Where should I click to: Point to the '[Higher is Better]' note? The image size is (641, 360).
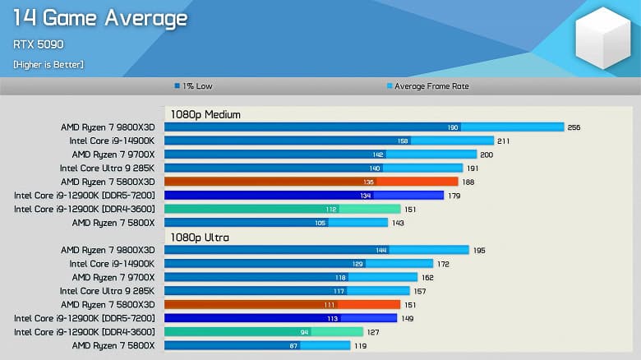48,64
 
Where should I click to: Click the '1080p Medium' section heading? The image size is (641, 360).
205,114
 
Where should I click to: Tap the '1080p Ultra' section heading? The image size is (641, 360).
200,237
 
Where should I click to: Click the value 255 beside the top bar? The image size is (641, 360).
574,127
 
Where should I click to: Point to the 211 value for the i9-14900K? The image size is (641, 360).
503,141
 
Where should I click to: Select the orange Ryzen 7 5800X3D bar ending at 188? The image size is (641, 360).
311,182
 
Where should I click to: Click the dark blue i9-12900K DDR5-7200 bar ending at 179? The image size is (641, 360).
304,195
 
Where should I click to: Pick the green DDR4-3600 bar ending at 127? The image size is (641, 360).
264,331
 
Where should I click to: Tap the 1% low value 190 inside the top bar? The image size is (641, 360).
453,127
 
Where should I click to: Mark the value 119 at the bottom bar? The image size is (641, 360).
360,345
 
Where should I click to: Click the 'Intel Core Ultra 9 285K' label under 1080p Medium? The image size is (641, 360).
107,168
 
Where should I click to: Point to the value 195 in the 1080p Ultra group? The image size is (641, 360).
478,250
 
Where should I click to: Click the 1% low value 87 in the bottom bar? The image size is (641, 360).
293,345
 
